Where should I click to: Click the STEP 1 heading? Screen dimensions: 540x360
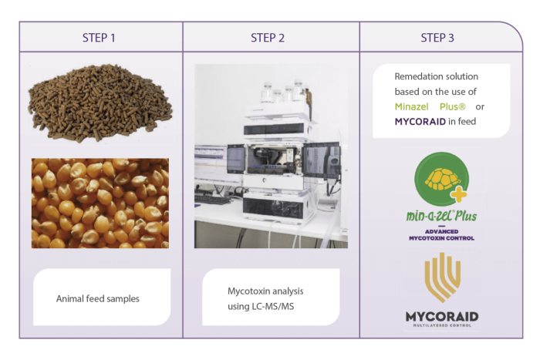pos(99,38)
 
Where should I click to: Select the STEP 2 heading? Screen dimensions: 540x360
pos(268,38)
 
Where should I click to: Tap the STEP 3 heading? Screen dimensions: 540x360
pos(437,38)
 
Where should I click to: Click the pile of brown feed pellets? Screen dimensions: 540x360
pos(100,103)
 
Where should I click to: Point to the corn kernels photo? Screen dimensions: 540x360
pos(100,203)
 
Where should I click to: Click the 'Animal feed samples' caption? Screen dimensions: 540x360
pos(98,299)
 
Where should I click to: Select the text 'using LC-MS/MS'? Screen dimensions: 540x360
pos(261,306)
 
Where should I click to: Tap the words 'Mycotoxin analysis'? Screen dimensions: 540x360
pos(265,291)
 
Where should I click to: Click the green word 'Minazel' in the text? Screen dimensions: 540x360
pos(411,106)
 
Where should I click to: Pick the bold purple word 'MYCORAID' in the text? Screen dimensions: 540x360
pos(420,122)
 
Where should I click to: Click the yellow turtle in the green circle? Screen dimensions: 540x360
pos(443,180)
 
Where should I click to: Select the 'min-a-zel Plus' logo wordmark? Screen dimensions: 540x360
pos(441,216)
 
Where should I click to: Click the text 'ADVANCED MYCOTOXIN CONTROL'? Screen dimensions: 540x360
pos(441,234)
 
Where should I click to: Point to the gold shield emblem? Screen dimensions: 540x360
pos(443,277)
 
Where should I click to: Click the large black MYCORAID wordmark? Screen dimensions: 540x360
pos(442,316)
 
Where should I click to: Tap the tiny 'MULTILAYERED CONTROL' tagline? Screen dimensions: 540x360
pos(442,325)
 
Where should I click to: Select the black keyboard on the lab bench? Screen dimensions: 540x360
pos(212,200)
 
